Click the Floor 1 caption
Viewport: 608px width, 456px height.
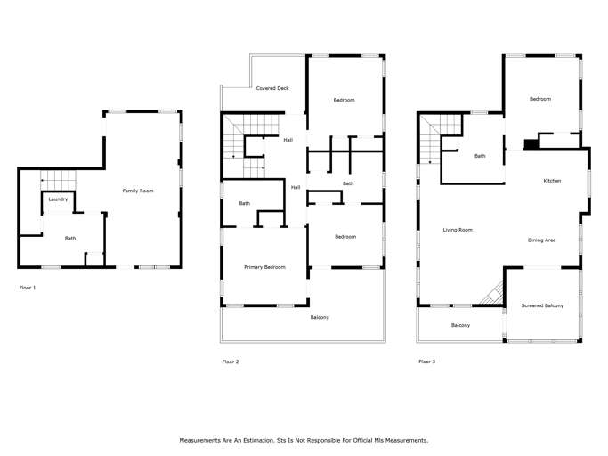tap(28, 288)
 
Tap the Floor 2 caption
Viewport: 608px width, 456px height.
tap(231, 362)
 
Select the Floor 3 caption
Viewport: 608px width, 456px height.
tap(427, 362)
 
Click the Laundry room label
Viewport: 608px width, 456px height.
tap(58, 199)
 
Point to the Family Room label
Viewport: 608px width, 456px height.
tap(138, 191)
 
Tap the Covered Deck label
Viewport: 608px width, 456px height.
tap(272, 88)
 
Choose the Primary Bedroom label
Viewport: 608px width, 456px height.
tap(264, 267)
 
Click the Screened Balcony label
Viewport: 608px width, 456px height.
tap(542, 305)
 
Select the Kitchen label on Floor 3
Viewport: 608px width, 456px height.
tap(552, 181)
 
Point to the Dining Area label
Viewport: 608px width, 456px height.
tap(541, 240)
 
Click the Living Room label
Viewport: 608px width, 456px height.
tap(458, 230)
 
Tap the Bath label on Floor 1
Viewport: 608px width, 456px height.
tap(70, 239)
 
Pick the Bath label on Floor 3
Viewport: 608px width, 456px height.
tap(480, 156)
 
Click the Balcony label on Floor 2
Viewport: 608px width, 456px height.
tap(320, 317)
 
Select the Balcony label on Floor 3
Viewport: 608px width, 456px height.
tap(460, 325)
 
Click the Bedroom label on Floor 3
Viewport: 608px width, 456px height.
tap(540, 99)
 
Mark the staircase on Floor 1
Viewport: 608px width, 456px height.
tap(58, 181)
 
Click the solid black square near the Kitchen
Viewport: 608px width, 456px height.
tap(531, 144)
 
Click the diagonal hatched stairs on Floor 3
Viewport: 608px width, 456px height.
tap(491, 293)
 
